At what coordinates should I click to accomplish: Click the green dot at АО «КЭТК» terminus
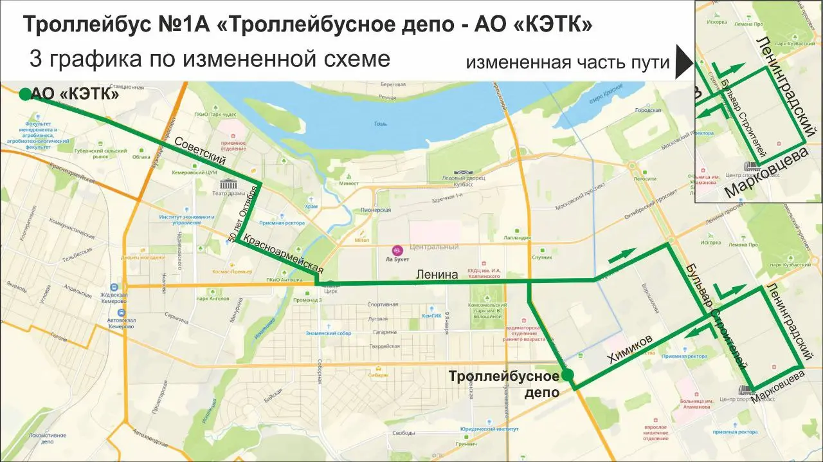click(24, 95)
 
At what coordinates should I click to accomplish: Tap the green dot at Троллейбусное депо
click(567, 375)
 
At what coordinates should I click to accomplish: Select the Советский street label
click(200, 150)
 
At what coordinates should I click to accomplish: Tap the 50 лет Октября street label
click(244, 214)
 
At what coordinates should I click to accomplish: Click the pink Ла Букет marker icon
click(397, 249)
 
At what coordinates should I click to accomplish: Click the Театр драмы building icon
click(225, 185)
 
